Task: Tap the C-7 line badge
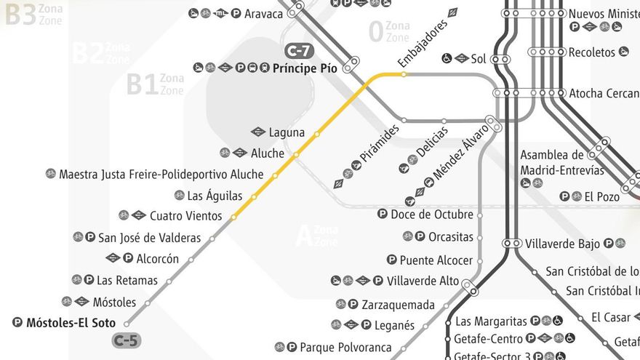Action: tap(298, 51)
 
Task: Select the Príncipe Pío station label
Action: tap(305, 69)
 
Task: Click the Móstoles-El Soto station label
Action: tap(71, 323)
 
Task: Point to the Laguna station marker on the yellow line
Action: tap(316, 133)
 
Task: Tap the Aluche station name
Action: tap(268, 153)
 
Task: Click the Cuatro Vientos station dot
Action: tap(233, 217)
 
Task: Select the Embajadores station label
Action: tap(423, 42)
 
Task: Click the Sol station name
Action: tap(479, 59)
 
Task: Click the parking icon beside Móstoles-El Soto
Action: tap(18, 323)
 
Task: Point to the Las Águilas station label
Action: tap(215, 196)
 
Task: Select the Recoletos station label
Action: tap(592, 52)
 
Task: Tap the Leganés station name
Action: tap(395, 325)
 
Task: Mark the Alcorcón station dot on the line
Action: tap(190, 259)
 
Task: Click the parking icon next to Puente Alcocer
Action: tap(392, 260)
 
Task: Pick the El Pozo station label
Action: tap(601, 196)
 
